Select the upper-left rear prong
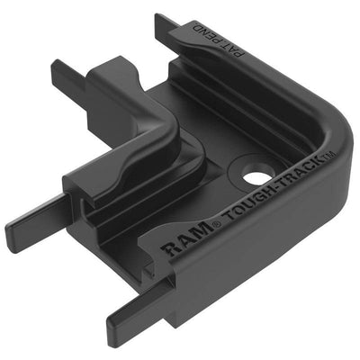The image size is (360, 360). coord(67,72)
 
